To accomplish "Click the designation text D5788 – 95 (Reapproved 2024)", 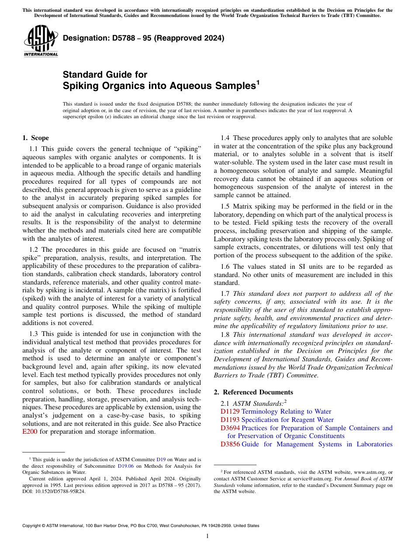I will click(x=143, y=38).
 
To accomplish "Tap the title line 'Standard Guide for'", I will click(x=105, y=75).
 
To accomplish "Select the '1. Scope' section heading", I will click(x=35, y=138).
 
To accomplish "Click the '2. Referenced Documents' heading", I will click(x=253, y=392).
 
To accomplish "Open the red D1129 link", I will click(x=230, y=411).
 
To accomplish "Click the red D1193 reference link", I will click(x=230, y=420).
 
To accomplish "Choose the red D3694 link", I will click(x=230, y=428).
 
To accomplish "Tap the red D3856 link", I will click(x=230, y=444).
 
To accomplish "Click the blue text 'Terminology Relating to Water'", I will click(x=286, y=411).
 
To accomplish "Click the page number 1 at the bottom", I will click(x=207, y=536).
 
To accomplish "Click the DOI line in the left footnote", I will click(x=54, y=491).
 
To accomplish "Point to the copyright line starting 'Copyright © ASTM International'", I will click(x=140, y=526).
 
